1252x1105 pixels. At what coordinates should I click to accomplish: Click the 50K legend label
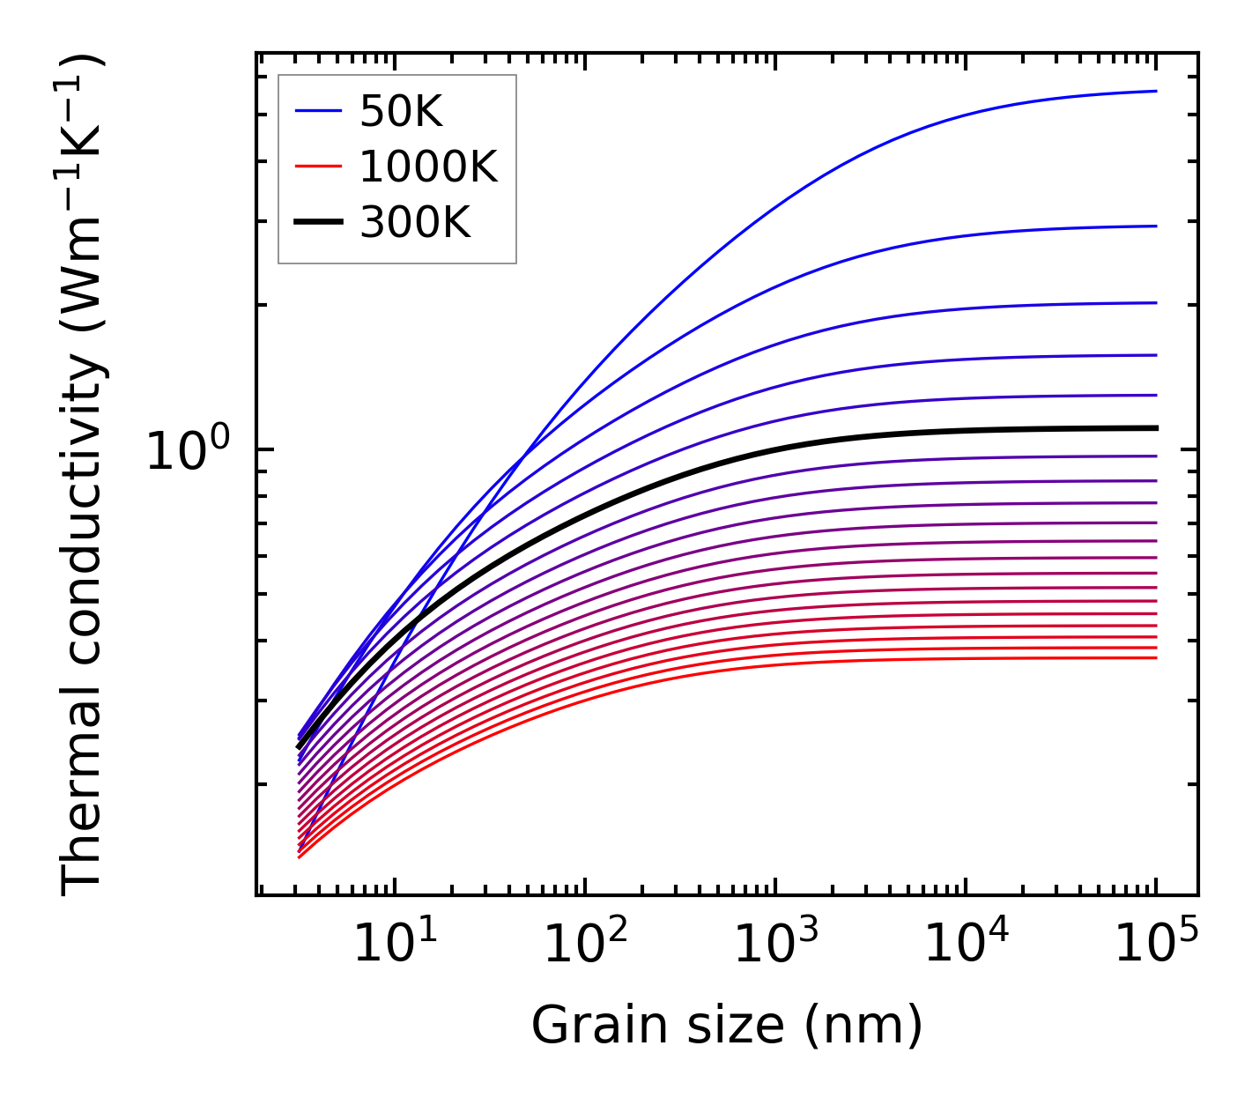401,112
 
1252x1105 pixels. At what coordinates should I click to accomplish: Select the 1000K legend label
428,167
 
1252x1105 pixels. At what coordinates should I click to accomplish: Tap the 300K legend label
415,223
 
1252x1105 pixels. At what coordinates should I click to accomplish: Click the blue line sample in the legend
317,111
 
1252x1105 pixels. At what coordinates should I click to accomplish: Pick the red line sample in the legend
317,166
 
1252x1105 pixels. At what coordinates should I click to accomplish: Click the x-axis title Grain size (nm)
727,1026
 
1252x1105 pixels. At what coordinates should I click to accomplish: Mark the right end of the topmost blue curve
1155,91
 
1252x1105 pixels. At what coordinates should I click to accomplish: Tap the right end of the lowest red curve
1155,658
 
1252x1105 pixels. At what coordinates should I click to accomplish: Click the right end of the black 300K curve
1155,428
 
